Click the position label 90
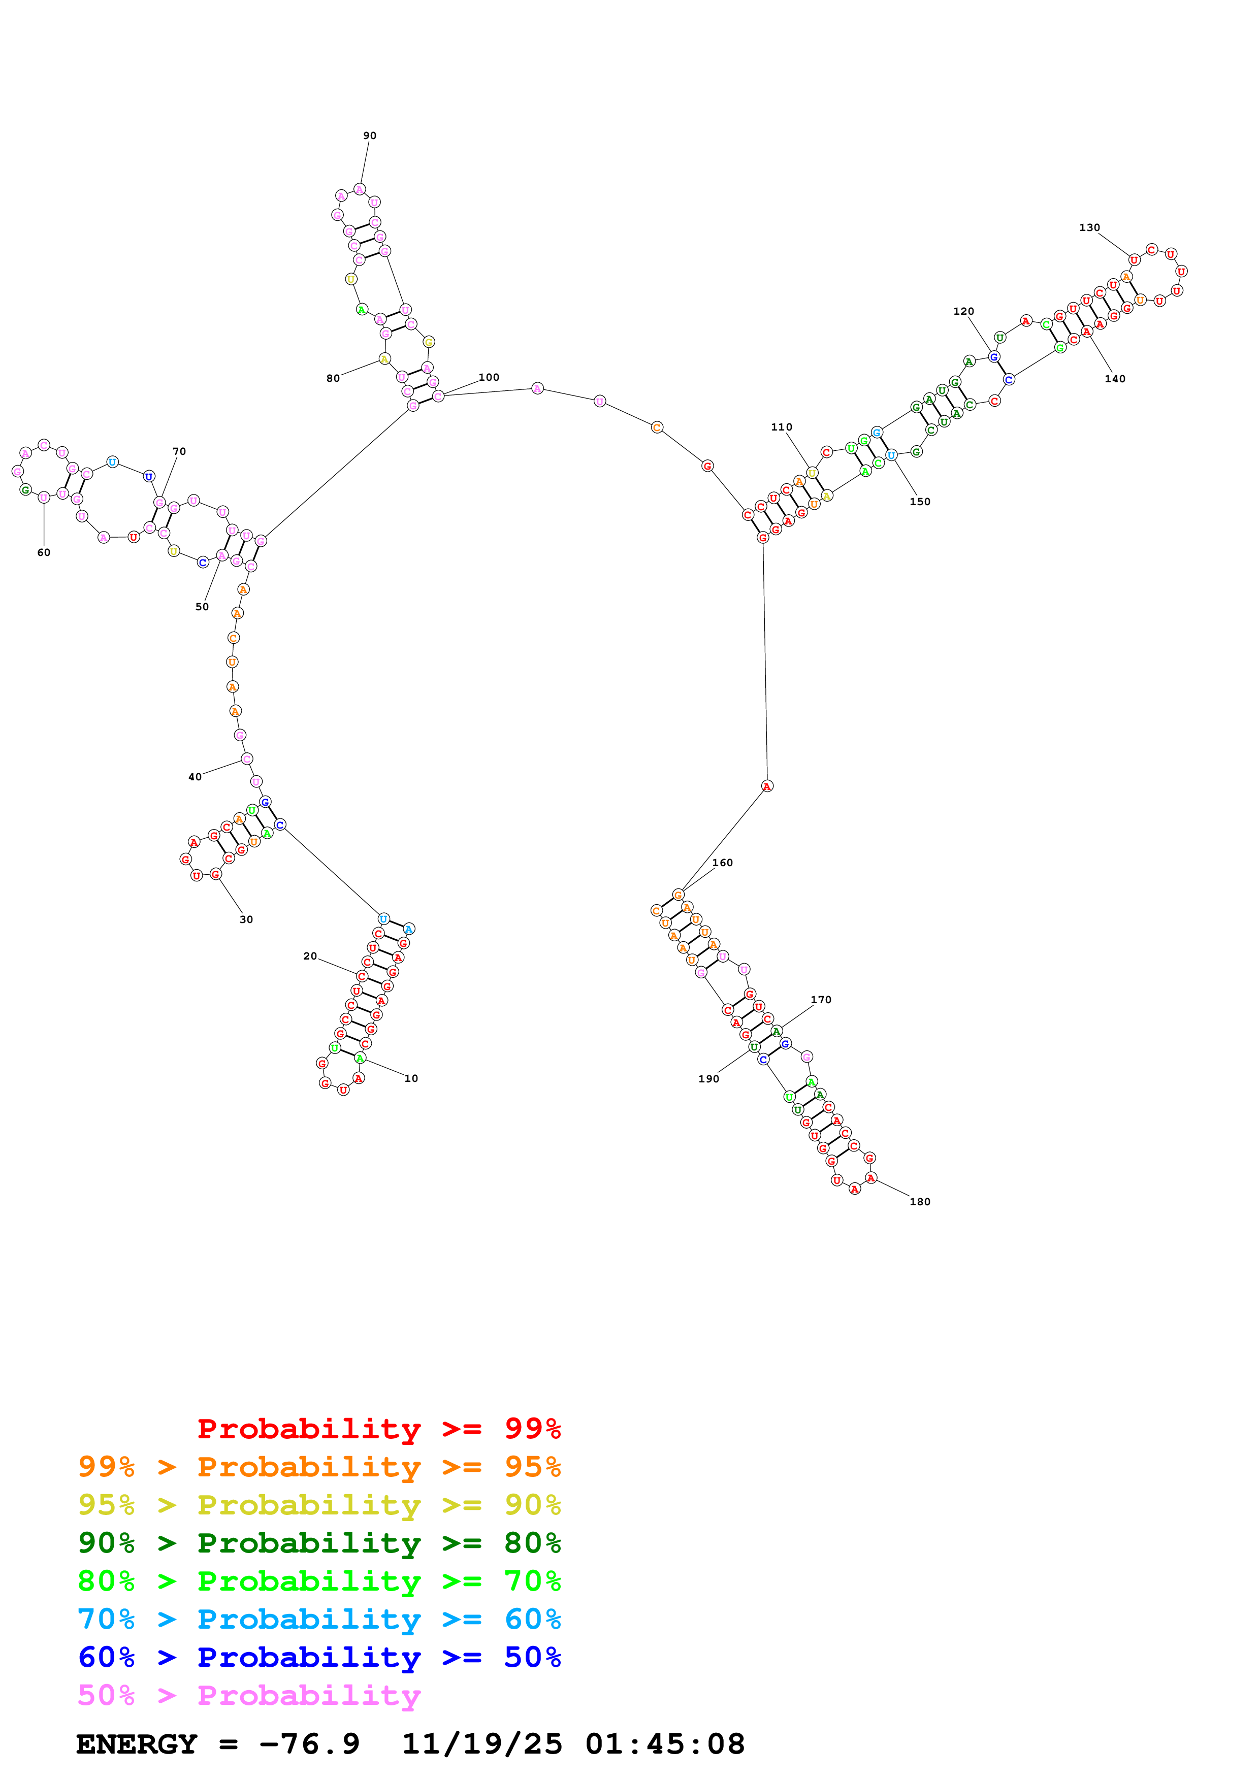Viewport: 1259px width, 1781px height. click(x=370, y=136)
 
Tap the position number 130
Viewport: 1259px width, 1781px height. click(x=1089, y=228)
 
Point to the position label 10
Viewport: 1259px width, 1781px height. click(x=411, y=1079)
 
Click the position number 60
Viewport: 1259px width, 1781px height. click(x=44, y=553)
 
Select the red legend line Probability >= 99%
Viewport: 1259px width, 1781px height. click(x=378, y=1428)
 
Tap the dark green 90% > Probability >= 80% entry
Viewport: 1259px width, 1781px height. click(x=319, y=1543)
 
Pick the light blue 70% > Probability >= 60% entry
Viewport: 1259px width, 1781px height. click(x=319, y=1619)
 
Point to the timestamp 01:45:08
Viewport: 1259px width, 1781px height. click(x=665, y=1744)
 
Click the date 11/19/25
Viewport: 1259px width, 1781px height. click(x=482, y=1744)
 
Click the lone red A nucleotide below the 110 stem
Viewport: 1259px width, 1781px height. click(x=766, y=786)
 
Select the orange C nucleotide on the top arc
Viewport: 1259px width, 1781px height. click(x=657, y=427)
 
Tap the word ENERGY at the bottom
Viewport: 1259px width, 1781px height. click(x=137, y=1744)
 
